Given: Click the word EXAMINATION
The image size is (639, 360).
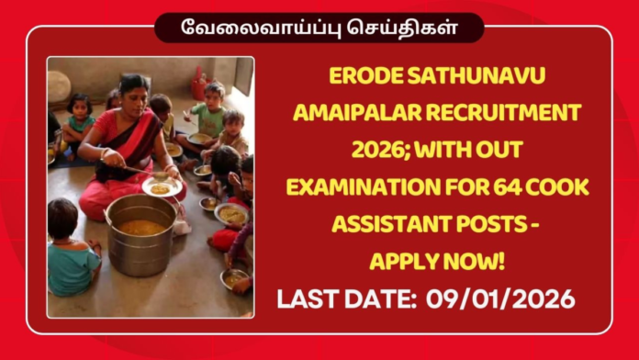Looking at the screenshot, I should pyautogui.click(x=360, y=187).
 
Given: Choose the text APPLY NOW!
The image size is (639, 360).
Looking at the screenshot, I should pyautogui.click(x=437, y=262).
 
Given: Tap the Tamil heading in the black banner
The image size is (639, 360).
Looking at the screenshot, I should pyautogui.click(x=319, y=27).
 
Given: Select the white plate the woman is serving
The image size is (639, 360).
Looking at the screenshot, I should pyautogui.click(x=162, y=186).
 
